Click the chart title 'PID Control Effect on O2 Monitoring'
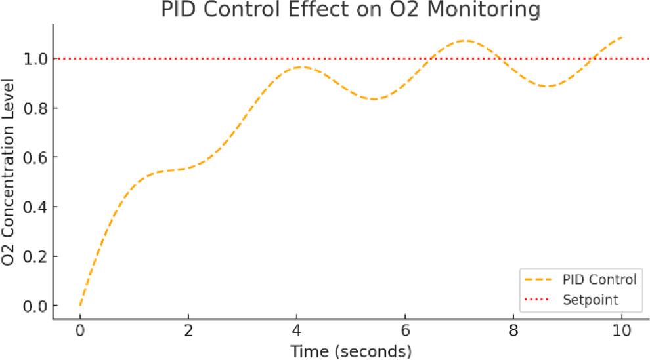pos(351,10)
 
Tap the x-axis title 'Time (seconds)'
pos(351,351)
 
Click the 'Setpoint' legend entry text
pos(590,300)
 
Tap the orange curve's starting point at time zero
pos(80,306)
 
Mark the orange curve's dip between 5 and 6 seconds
pos(373,99)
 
